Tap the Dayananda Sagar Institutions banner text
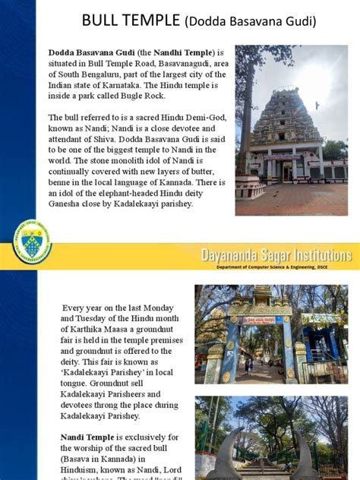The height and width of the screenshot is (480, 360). click(x=275, y=255)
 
